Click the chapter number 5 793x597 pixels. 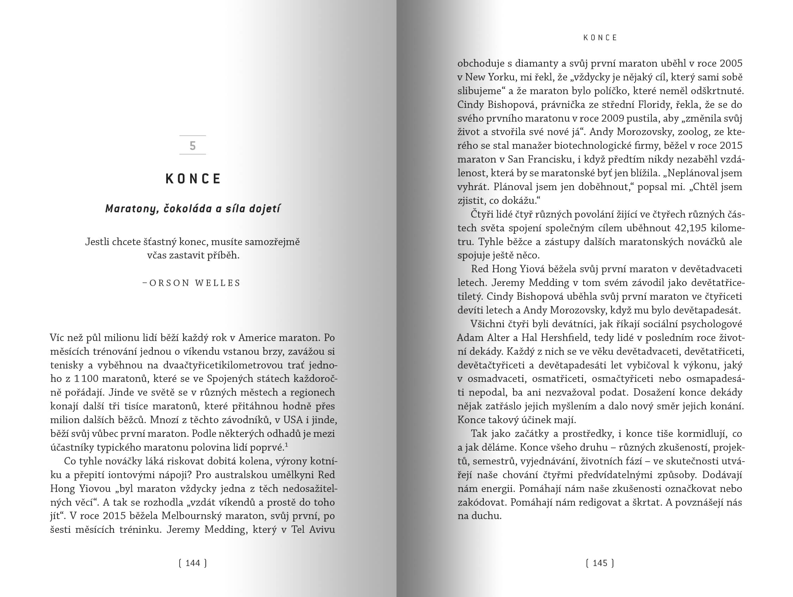[193, 145]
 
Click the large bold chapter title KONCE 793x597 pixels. [193, 179]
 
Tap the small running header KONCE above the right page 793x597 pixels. [600, 38]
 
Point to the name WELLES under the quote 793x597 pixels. [218, 283]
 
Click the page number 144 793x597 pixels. [193, 563]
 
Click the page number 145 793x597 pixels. [600, 563]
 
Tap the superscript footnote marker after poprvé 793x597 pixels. [286, 445]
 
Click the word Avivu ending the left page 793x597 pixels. [322, 530]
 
